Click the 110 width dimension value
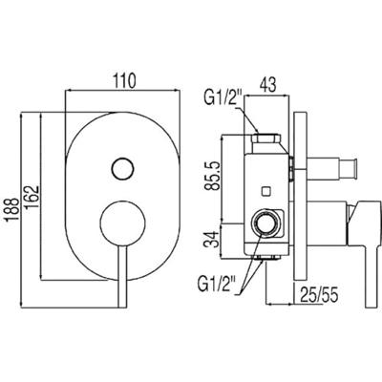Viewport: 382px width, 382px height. click(124, 80)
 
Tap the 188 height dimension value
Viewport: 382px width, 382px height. click(11, 210)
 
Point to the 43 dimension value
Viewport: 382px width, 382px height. click(267, 85)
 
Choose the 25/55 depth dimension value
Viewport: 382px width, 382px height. click(318, 296)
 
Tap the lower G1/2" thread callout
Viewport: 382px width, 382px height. click(217, 283)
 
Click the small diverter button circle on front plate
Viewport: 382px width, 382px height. click(122, 169)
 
